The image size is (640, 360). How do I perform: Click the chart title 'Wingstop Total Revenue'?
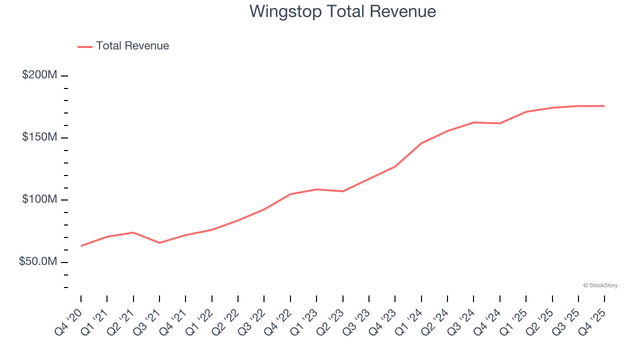click(342, 11)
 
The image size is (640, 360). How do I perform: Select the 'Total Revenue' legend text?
click(132, 46)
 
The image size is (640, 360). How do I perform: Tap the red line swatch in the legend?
click(85, 46)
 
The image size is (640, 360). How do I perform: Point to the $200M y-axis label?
click(39, 75)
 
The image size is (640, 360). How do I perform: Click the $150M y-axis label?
click(39, 137)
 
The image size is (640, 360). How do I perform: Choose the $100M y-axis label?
click(39, 199)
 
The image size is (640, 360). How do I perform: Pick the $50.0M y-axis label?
click(38, 262)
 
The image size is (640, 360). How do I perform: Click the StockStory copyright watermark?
click(600, 285)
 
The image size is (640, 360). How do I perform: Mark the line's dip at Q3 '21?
click(159, 243)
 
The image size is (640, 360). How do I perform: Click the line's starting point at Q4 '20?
click(81, 246)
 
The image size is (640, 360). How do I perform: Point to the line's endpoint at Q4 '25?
click(604, 106)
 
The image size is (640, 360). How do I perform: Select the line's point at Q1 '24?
click(421, 143)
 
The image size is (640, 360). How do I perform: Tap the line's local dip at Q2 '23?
click(343, 191)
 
